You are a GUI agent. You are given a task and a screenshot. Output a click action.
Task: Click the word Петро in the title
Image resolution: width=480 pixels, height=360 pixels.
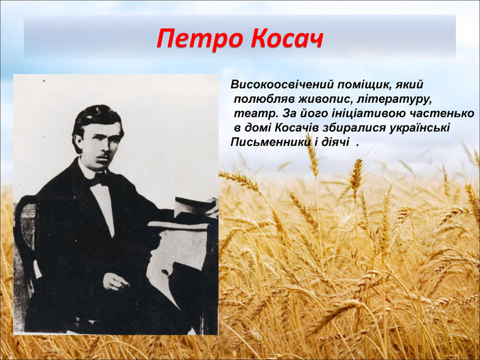(x=200, y=39)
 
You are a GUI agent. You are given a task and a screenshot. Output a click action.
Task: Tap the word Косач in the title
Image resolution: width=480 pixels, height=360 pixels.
(x=287, y=39)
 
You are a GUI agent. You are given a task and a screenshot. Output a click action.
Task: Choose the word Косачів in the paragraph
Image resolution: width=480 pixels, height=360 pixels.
(x=297, y=128)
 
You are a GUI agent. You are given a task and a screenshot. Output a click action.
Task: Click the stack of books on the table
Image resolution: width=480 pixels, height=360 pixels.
(x=195, y=206)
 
